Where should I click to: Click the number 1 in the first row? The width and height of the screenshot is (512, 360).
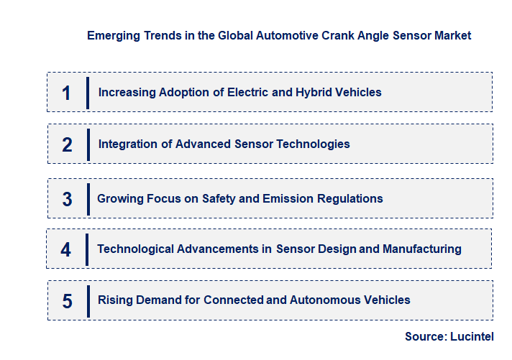[67, 93]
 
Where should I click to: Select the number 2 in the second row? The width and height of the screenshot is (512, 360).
[67, 144]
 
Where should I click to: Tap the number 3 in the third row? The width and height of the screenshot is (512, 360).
[67, 199]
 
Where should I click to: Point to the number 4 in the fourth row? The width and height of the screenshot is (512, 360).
[66, 249]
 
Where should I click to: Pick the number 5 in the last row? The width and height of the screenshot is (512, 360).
[67, 300]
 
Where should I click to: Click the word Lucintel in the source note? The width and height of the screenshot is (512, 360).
[472, 336]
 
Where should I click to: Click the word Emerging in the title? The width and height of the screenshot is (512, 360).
[111, 35]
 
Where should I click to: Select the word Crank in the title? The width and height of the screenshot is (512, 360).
[332, 35]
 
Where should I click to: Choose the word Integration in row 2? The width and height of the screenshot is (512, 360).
[128, 144]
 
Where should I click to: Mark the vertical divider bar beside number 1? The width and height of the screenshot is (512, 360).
[88, 93]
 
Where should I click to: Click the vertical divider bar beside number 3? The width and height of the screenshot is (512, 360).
[87, 199]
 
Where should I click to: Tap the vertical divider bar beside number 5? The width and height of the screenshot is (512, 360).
[88, 300]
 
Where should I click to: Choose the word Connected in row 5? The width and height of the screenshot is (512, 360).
[234, 300]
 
